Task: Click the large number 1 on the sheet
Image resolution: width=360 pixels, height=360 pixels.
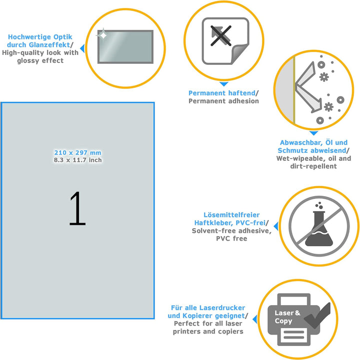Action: (x=77, y=209)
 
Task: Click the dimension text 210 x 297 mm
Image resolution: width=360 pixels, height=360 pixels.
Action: (x=77, y=153)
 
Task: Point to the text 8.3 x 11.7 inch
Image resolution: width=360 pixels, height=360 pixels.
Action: (x=77, y=160)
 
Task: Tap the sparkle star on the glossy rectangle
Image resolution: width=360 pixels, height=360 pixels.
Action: (x=103, y=35)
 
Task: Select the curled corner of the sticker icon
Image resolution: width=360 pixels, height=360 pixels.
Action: (x=240, y=53)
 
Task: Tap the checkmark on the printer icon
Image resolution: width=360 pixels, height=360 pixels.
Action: (x=317, y=316)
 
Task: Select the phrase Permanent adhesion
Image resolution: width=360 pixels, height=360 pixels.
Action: (x=223, y=101)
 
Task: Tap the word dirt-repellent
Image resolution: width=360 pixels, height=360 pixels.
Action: (x=313, y=166)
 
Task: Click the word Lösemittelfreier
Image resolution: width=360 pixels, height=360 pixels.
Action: (x=231, y=215)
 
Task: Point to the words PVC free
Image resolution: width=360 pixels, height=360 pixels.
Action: (x=231, y=239)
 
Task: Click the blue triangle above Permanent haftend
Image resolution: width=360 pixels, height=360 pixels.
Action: (x=223, y=84)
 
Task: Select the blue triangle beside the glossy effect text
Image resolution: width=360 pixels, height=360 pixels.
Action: (x=82, y=48)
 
